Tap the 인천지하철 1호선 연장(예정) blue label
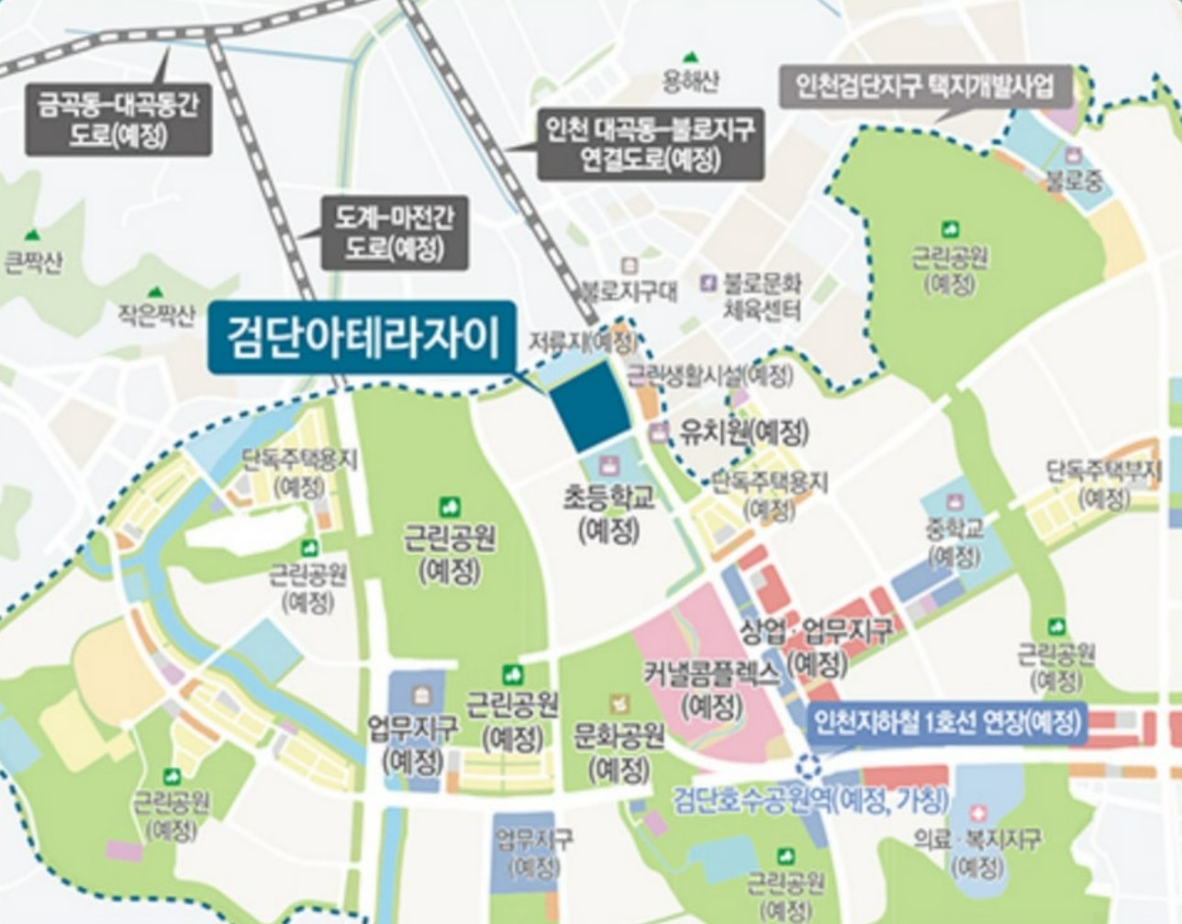tap(945, 723)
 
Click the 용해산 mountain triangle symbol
tap(687, 58)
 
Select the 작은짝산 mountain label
tap(156, 317)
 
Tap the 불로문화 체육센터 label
tap(762, 295)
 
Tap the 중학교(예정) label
tap(954, 541)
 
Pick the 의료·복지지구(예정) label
tap(977, 851)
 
